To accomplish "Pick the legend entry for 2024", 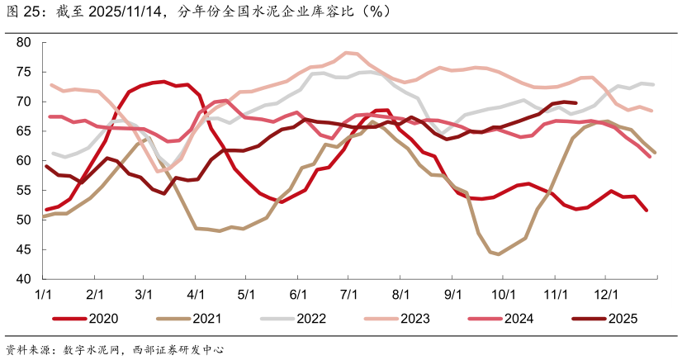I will coord(519,318).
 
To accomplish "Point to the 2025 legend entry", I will coord(623,318).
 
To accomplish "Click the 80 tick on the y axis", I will coord(23,42).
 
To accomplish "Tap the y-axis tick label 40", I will coord(23,279).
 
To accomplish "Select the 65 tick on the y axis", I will coord(23,131).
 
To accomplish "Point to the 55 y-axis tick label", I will coord(23,190).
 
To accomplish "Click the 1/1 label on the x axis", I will coord(44,293).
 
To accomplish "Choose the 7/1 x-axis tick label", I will coord(349,293).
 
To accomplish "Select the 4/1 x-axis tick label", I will coord(196,293).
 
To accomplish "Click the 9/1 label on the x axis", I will coord(452,293).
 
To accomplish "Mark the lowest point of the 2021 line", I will coord(498,253).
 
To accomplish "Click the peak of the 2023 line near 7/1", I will coord(347,53).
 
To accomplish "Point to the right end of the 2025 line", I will coord(575,103).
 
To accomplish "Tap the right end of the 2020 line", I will coord(646,211).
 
